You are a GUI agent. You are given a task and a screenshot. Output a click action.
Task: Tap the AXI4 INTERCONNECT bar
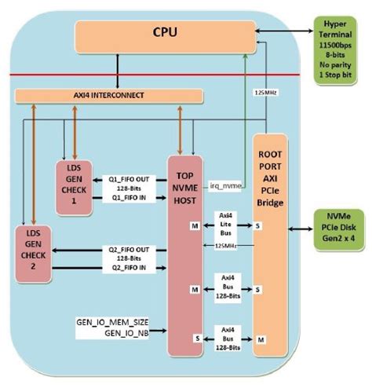point(109,96)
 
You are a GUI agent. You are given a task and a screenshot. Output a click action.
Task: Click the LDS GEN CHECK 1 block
point(75,187)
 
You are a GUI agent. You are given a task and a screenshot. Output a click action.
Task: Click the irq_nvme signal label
point(226,185)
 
